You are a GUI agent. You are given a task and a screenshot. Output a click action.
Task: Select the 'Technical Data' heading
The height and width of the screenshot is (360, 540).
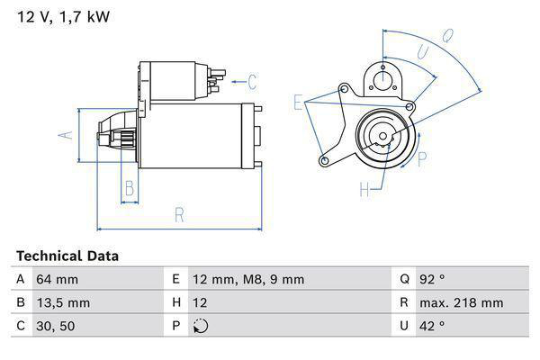67,256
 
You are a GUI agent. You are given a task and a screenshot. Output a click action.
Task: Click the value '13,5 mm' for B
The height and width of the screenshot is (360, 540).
62,302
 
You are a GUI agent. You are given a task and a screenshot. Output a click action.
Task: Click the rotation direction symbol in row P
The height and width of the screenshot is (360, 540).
200,326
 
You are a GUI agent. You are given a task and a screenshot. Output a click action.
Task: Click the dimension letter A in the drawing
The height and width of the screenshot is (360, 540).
64,135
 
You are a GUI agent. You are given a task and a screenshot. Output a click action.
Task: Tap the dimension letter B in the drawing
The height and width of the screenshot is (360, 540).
129,188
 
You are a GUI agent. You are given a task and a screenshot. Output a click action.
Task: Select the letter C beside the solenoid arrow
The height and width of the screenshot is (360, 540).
252,83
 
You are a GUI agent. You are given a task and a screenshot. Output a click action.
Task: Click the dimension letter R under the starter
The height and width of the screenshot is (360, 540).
179,214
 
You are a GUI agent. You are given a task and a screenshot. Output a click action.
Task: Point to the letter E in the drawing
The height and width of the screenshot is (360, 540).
298,103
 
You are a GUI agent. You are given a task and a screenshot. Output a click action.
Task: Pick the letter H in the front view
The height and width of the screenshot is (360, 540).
365,189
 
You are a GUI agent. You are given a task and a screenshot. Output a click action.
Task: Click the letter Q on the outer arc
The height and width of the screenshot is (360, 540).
446,37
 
